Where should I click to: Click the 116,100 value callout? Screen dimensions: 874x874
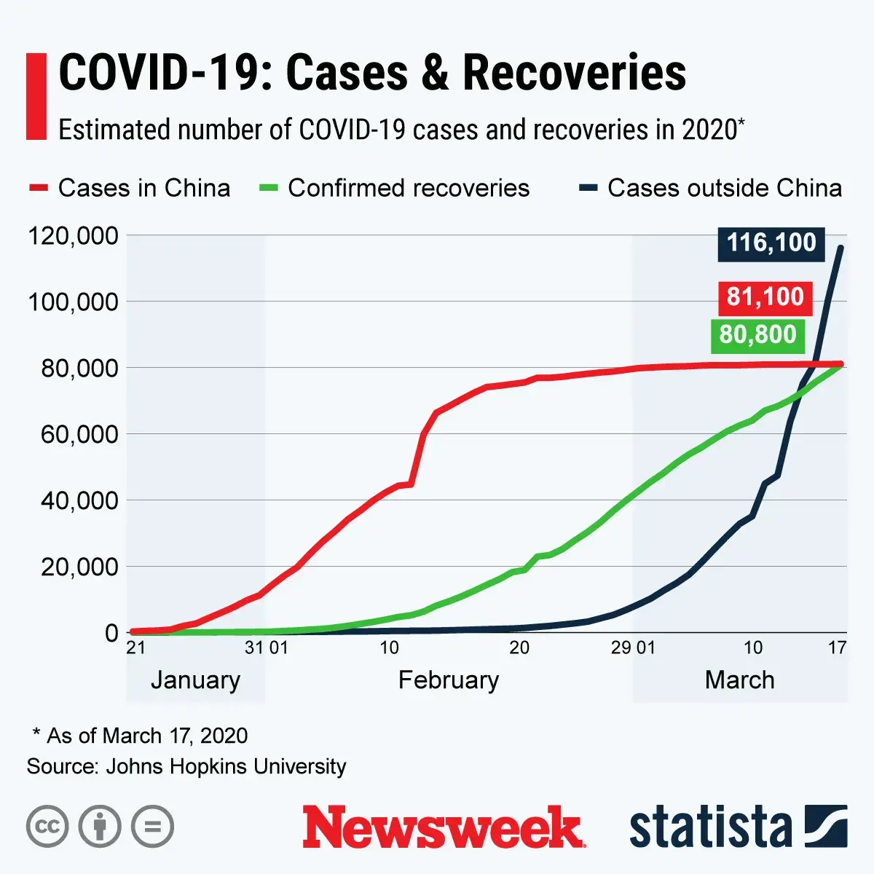771,243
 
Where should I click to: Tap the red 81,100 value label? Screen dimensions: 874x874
765,297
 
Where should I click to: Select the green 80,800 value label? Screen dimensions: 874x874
757,335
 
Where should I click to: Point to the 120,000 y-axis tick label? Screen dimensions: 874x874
72,235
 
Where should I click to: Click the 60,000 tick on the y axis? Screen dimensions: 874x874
79,434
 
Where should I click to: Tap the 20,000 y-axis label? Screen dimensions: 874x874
79,567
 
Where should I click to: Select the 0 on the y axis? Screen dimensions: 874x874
111,633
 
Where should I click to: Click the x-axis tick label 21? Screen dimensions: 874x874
135,647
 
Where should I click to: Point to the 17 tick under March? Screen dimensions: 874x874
837,647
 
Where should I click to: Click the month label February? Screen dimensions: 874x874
448,680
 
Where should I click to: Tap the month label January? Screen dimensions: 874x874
195,680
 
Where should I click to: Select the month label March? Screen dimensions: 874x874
739,680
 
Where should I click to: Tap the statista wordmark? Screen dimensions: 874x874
710,827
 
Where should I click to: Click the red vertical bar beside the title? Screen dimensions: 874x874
36,95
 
